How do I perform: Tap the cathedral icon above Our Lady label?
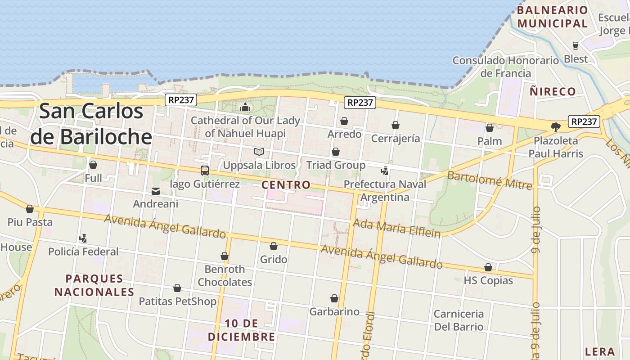click(x=245, y=107)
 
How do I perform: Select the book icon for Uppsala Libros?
click(x=259, y=152)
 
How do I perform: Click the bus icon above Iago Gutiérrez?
click(x=205, y=171)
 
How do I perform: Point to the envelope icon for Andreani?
click(x=156, y=191)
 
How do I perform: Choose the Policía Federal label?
click(x=83, y=252)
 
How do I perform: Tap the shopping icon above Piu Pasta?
click(x=30, y=209)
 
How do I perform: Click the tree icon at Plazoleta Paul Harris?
click(x=556, y=127)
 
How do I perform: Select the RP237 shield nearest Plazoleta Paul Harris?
click(x=584, y=121)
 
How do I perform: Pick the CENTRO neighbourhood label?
click(x=286, y=185)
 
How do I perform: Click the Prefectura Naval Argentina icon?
click(x=384, y=171)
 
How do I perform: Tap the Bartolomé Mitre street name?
click(x=490, y=180)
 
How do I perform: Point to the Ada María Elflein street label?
click(x=396, y=228)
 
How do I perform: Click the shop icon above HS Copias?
click(x=488, y=268)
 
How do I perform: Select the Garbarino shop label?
click(x=334, y=311)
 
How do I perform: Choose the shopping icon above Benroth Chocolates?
click(x=225, y=256)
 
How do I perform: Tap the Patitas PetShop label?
click(x=177, y=301)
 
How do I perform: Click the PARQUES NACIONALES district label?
click(x=94, y=285)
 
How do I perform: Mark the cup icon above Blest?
click(x=575, y=45)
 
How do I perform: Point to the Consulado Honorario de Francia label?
click(x=506, y=67)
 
